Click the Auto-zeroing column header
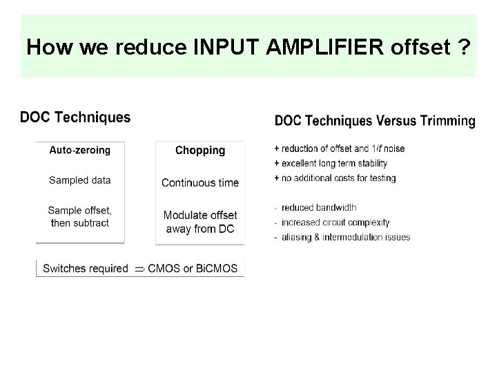tap(80, 149)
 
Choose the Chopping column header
tap(200, 150)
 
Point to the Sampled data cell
tap(80, 180)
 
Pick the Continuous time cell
tap(200, 183)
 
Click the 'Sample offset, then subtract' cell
tap(80, 216)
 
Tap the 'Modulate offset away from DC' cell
tap(200, 222)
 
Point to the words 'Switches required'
tap(86, 269)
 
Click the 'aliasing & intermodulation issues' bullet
tap(344, 237)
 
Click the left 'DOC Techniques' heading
tap(75, 117)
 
